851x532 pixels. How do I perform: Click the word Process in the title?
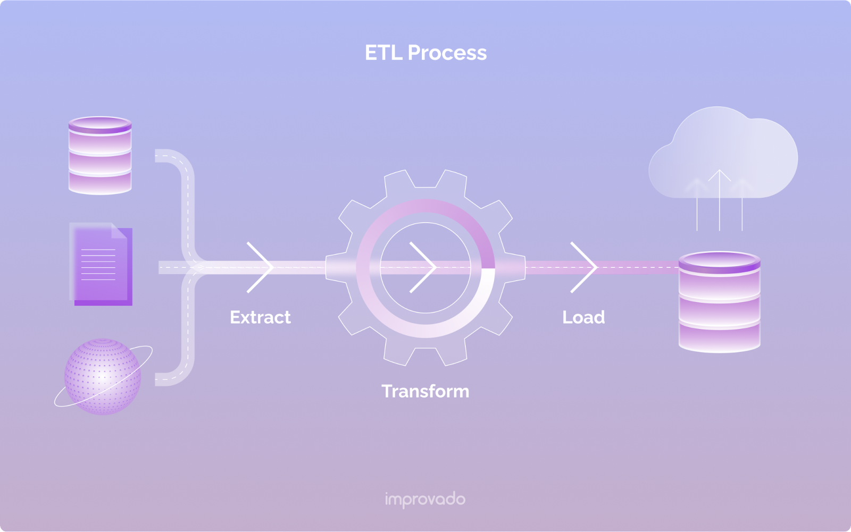pos(447,53)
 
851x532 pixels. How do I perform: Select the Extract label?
pos(260,317)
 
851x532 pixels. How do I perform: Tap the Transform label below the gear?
pos(425,391)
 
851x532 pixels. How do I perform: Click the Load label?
pos(583,317)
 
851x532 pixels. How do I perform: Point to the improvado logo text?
pos(425,500)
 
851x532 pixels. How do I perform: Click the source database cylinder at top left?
pos(100,155)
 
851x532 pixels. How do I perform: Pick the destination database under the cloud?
pos(719,302)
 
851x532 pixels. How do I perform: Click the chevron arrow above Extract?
pos(261,267)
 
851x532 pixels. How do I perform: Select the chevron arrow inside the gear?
pos(423,267)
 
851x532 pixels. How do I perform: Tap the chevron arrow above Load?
pos(584,267)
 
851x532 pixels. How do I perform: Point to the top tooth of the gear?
pos(425,179)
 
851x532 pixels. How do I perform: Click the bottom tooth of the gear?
pos(425,355)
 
